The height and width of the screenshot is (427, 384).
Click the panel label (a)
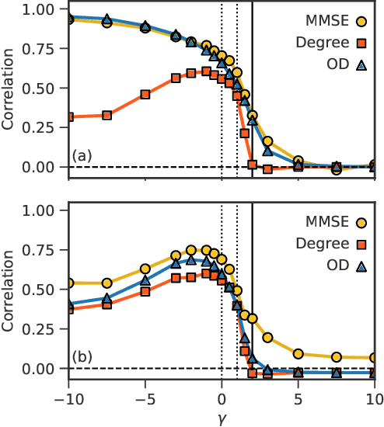pos(82,157)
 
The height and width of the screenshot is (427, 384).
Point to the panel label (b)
pos(82,358)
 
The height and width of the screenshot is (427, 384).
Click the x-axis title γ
pos(222,418)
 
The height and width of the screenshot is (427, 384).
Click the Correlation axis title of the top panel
pos(9,89)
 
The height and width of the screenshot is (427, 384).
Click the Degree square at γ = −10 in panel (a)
pos(69,117)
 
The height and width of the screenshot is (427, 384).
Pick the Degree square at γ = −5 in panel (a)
pos(145,94)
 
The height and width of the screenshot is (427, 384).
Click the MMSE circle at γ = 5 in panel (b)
pos(298,354)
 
